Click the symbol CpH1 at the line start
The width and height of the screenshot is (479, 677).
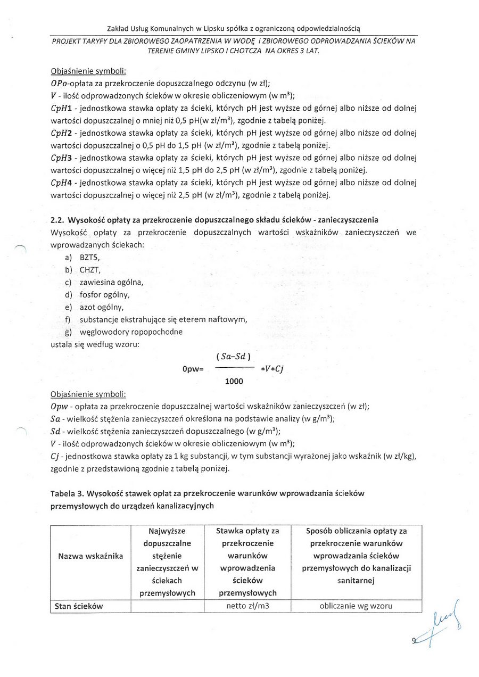pos(61,109)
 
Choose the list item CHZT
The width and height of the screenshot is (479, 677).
pos(90,269)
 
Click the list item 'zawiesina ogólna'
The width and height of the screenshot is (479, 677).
pos(111,282)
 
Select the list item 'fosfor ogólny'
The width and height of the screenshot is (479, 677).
pos(104,294)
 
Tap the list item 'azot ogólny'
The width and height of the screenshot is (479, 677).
pos(102,307)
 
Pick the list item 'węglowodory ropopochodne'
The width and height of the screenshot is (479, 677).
pos(130,332)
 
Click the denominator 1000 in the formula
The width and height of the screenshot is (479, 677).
pos(234,381)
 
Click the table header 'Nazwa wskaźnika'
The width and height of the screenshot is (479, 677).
pos(90,556)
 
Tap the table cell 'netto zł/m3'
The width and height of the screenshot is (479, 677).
pos(247,606)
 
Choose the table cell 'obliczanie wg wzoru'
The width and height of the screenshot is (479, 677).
pos(356,606)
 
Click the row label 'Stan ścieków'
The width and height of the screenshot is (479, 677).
pos(79,606)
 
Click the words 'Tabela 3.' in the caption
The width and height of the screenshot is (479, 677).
pos(68,493)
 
